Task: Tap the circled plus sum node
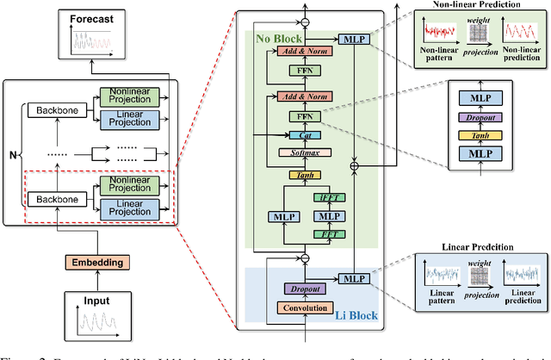(353, 163)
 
